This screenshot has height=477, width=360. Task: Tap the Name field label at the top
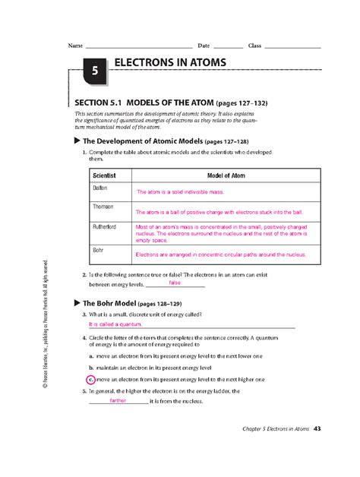click(74, 46)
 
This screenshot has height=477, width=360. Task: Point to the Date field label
click(204, 46)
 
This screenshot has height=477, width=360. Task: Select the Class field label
click(254, 46)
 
